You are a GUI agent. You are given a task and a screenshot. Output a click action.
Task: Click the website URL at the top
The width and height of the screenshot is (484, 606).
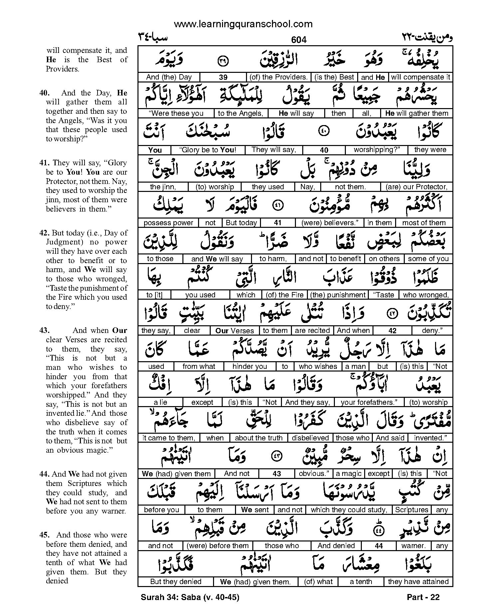243,24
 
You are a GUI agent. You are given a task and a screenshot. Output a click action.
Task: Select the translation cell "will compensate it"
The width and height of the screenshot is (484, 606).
420,77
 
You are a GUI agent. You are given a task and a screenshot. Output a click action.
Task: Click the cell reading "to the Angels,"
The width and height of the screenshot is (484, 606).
240,113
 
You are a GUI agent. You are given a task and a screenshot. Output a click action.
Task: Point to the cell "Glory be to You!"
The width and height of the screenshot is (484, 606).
208,150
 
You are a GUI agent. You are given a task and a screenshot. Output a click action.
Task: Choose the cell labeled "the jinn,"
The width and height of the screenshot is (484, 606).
163,187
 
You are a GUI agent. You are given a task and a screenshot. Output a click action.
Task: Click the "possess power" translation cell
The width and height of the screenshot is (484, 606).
168,223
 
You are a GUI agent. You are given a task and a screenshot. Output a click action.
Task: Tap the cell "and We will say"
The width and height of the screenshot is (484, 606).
217,259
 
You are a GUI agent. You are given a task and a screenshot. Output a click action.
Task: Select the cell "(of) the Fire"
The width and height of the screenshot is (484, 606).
285,295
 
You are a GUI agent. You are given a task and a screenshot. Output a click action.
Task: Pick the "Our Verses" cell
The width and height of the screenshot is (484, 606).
235,331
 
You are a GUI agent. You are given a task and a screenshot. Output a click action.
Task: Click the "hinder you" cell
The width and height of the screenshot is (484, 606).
250,367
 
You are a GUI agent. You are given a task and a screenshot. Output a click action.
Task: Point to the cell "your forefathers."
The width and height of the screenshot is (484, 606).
369,402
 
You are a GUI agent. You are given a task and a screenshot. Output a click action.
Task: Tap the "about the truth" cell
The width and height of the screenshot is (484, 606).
259,438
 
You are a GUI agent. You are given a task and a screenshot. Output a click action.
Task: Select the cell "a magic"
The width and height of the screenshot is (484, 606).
349,474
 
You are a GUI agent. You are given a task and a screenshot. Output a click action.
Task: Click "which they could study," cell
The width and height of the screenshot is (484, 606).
349,510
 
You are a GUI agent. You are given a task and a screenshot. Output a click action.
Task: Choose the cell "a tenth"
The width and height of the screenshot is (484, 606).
361,582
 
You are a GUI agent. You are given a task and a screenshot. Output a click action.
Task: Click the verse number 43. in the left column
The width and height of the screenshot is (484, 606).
44,330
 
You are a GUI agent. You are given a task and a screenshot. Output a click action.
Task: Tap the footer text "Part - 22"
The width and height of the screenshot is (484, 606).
423,597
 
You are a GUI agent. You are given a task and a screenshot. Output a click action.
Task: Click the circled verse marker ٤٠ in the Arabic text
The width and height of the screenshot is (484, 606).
325,132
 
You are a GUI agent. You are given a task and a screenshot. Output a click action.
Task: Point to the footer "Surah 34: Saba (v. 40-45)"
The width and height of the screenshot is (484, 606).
190,597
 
